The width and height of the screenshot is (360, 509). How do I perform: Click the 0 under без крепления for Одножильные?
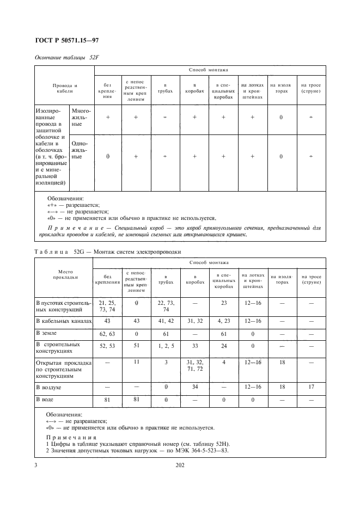coord(107,156)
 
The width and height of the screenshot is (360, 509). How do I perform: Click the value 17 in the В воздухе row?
coord(311,387)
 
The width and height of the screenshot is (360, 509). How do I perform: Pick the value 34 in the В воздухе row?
coord(194,387)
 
